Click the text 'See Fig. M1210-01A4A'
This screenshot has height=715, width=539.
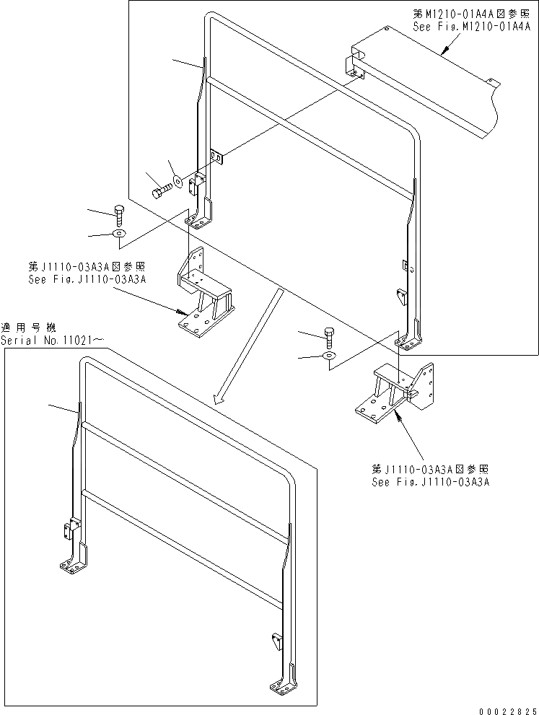point(472,27)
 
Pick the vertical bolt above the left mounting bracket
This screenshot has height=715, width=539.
point(120,214)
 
